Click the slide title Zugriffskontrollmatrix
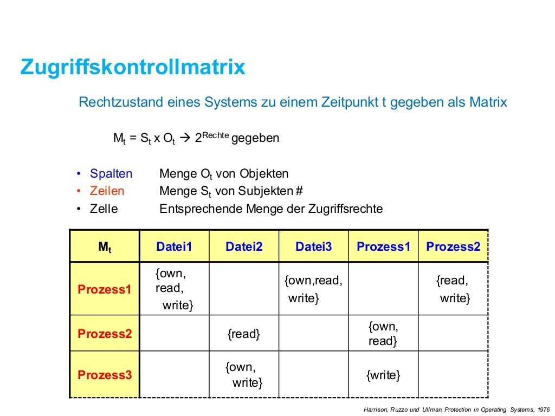[x=133, y=67]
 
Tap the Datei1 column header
[x=174, y=246]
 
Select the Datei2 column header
[x=244, y=246]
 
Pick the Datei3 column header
[x=314, y=246]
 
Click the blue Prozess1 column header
[x=383, y=246]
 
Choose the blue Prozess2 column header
[x=453, y=246]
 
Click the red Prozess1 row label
[x=105, y=289]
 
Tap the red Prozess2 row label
[x=105, y=334]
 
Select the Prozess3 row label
[x=105, y=375]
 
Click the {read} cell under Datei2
[x=243, y=334]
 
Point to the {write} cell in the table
[x=383, y=375]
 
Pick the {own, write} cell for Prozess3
[x=244, y=375]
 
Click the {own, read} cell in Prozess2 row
[x=383, y=334]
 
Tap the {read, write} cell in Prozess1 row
[x=453, y=289]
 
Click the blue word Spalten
[x=111, y=174]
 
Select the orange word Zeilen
[x=107, y=191]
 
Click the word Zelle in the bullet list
[x=104, y=209]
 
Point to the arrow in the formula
[x=185, y=138]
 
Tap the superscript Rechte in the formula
[x=216, y=135]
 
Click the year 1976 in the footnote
[x=543, y=409]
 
